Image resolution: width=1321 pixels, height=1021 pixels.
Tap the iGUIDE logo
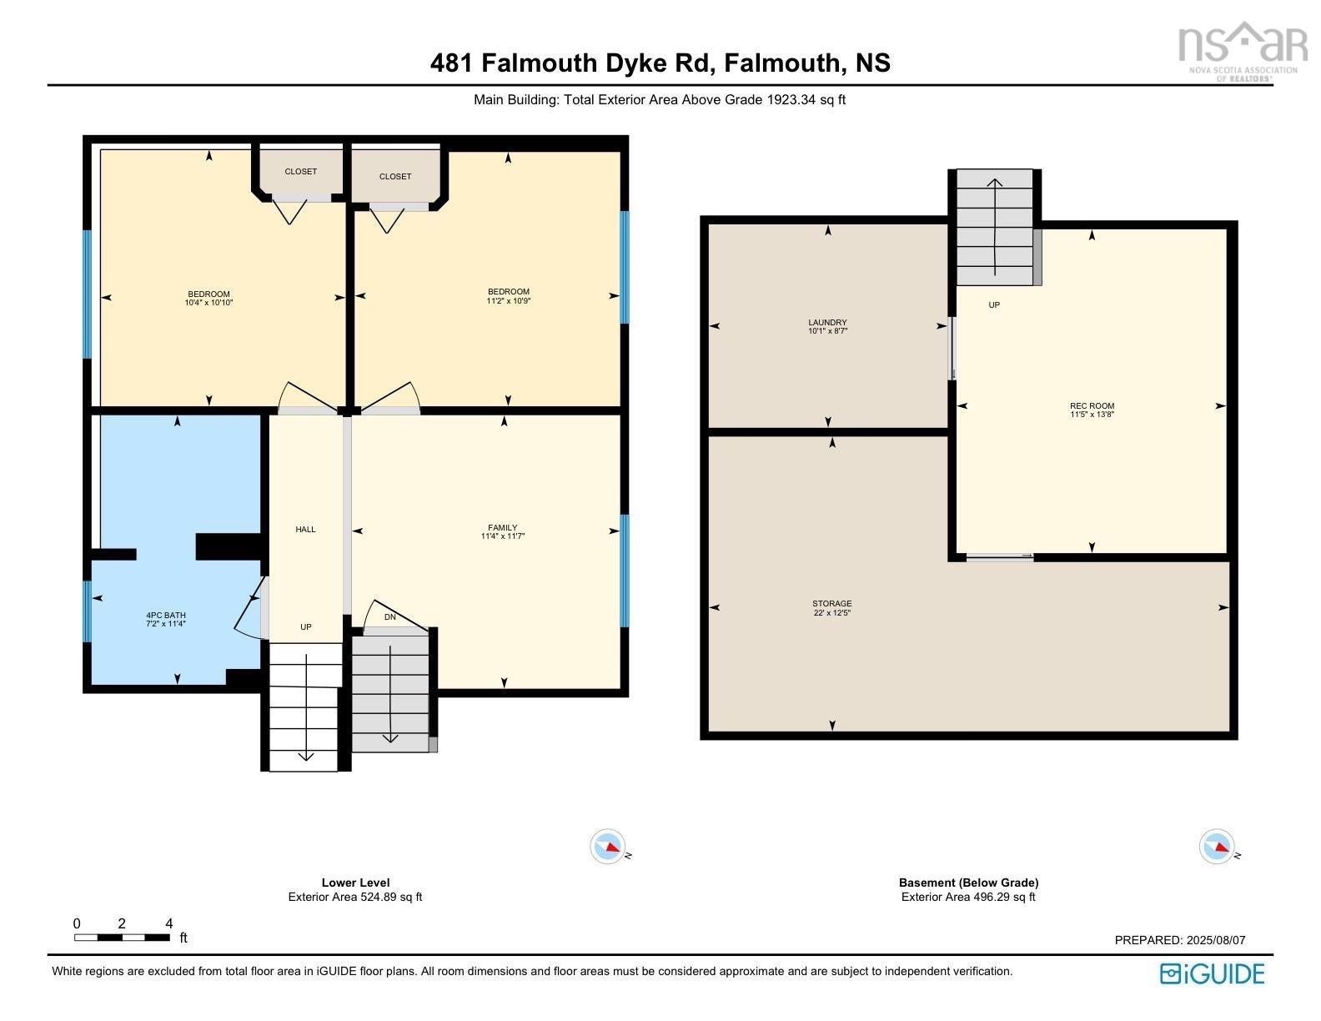pyautogui.click(x=1212, y=973)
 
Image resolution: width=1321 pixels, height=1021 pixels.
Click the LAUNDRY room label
pyautogui.click(x=827, y=323)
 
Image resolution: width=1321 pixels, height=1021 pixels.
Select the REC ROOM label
pyautogui.click(x=1092, y=406)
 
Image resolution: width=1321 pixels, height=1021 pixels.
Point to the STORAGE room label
pyautogui.click(x=831, y=604)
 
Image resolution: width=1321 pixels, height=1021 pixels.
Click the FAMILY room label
pyautogui.click(x=502, y=528)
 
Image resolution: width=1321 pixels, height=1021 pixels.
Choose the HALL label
pyautogui.click(x=305, y=530)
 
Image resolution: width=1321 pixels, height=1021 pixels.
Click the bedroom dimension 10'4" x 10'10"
pyautogui.click(x=208, y=304)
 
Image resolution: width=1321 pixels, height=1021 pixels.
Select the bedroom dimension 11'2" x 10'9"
pyautogui.click(x=508, y=301)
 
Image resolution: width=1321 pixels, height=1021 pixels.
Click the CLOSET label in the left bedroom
pyautogui.click(x=300, y=172)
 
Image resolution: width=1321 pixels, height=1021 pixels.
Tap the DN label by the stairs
pyautogui.click(x=389, y=617)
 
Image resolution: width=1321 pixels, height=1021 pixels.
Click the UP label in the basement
pyautogui.click(x=993, y=305)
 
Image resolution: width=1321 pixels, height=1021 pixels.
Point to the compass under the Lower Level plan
pyautogui.click(x=608, y=847)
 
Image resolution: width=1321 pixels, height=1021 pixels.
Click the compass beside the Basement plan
pyautogui.click(x=1217, y=847)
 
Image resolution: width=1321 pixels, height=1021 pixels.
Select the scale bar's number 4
pyautogui.click(x=169, y=923)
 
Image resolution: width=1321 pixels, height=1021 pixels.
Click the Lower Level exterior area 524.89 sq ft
pyautogui.click(x=355, y=898)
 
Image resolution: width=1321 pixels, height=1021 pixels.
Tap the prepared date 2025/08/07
pyautogui.click(x=1214, y=940)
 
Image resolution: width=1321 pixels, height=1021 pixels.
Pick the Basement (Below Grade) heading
pyautogui.click(x=968, y=883)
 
